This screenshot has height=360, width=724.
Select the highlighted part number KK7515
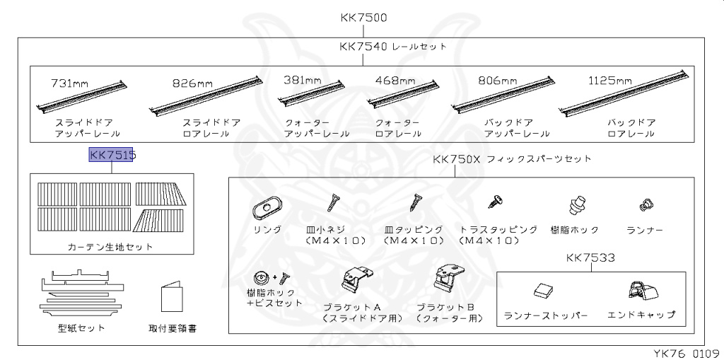112,155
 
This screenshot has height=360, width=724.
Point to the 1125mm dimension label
609,81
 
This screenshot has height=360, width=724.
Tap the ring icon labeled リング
267,207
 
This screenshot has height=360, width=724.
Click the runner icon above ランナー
644,204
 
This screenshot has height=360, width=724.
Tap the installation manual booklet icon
173,298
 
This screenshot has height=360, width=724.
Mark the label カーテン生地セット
110,247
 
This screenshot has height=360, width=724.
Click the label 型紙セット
81,327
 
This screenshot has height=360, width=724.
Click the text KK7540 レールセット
392,47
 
